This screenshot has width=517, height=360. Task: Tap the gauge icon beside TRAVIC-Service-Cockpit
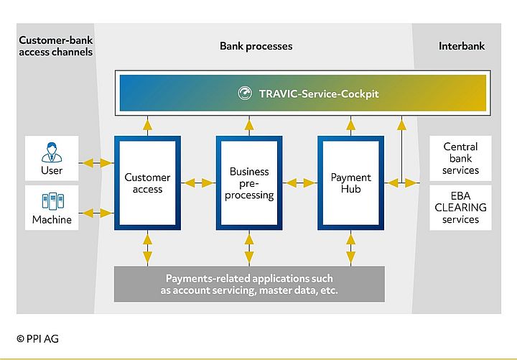pyautogui.click(x=246, y=93)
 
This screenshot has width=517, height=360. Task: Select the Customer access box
pyautogui.click(x=147, y=183)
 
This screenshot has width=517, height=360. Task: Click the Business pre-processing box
pyautogui.click(x=249, y=183)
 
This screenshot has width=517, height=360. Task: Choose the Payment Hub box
pyautogui.click(x=350, y=183)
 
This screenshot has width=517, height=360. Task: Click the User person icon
pyautogui.click(x=52, y=152)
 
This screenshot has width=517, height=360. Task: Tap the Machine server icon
pyautogui.click(x=52, y=202)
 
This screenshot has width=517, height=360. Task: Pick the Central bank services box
pyautogui.click(x=460, y=159)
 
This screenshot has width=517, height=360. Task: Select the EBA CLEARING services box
pyautogui.click(x=460, y=208)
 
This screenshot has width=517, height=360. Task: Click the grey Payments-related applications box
pyautogui.click(x=249, y=285)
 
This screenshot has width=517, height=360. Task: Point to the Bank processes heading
pyautogui.click(x=256, y=46)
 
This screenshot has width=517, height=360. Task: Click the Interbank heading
pyautogui.click(x=462, y=46)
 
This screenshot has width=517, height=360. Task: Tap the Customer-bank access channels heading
pyautogui.click(x=55, y=46)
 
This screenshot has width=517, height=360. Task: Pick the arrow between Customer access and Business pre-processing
pyautogui.click(x=198, y=183)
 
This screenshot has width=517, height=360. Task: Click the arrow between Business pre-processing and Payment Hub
pyautogui.click(x=300, y=183)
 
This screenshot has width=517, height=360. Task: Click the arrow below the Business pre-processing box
pyautogui.click(x=249, y=249)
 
